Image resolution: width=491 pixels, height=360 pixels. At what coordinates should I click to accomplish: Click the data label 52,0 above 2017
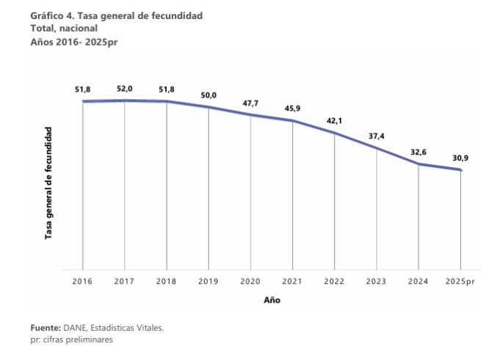pyautogui.click(x=125, y=89)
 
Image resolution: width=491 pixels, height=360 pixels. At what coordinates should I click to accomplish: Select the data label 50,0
pyautogui.click(x=208, y=95)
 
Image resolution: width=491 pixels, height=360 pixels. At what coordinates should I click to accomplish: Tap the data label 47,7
pyautogui.click(x=251, y=103)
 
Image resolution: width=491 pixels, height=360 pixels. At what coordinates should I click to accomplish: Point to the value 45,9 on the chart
pyautogui.click(x=293, y=109)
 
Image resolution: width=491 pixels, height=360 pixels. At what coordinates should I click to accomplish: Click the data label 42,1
pyautogui.click(x=335, y=121)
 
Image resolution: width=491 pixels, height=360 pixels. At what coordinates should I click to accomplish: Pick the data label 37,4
pyautogui.click(x=377, y=136)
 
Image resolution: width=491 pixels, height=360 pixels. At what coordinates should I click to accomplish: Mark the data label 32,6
pyautogui.click(x=418, y=152)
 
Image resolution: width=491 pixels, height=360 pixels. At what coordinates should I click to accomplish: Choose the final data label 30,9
pyautogui.click(x=460, y=158)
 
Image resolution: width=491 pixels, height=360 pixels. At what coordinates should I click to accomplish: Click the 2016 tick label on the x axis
pyautogui.click(x=83, y=282)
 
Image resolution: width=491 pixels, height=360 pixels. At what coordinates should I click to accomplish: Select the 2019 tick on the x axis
pyautogui.click(x=208, y=282)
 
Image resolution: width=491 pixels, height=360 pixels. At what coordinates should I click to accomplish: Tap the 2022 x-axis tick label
pyautogui.click(x=335, y=282)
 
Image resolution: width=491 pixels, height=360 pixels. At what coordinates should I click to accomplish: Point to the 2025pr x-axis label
pyautogui.click(x=460, y=282)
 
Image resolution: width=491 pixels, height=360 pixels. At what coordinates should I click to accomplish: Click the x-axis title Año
pyautogui.click(x=272, y=300)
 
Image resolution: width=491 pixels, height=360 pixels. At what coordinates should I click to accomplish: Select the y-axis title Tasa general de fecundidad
pyautogui.click(x=48, y=183)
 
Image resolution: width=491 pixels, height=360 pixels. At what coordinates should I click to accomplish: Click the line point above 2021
pyautogui.click(x=293, y=121)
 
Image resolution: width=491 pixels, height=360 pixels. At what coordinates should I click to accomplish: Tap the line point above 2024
pyautogui.click(x=418, y=164)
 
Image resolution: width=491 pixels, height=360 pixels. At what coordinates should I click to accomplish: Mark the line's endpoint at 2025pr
pyautogui.click(x=460, y=170)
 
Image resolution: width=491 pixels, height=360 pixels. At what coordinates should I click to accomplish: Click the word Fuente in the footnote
pyautogui.click(x=46, y=328)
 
